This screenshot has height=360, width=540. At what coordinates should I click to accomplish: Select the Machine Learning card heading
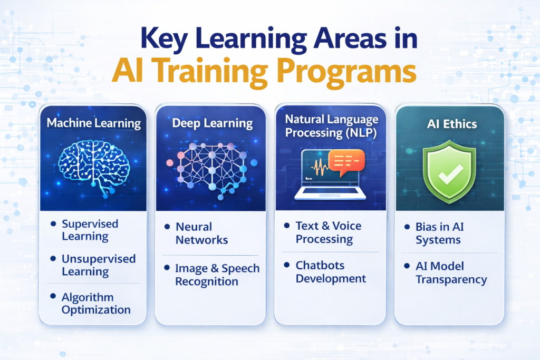pyautogui.click(x=93, y=124)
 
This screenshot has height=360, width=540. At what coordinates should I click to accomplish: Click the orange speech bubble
pyautogui.click(x=346, y=161)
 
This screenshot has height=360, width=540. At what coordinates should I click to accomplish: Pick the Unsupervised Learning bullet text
pyautogui.click(x=99, y=265)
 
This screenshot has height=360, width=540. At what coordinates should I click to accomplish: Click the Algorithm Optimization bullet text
pyautogui.click(x=95, y=304)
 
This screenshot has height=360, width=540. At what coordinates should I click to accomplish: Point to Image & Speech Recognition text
pyautogui.click(x=217, y=275)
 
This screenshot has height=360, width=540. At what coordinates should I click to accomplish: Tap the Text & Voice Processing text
pyautogui.click(x=328, y=232)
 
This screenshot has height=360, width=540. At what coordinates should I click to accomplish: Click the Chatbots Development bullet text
pyautogui.click(x=331, y=271)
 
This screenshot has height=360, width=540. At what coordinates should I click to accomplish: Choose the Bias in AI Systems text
pyautogui.click(x=438, y=233)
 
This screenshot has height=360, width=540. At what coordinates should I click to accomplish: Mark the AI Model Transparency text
pyautogui.click(x=451, y=273)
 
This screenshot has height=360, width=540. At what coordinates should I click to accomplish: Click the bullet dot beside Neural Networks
pyautogui.click(x=167, y=227)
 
